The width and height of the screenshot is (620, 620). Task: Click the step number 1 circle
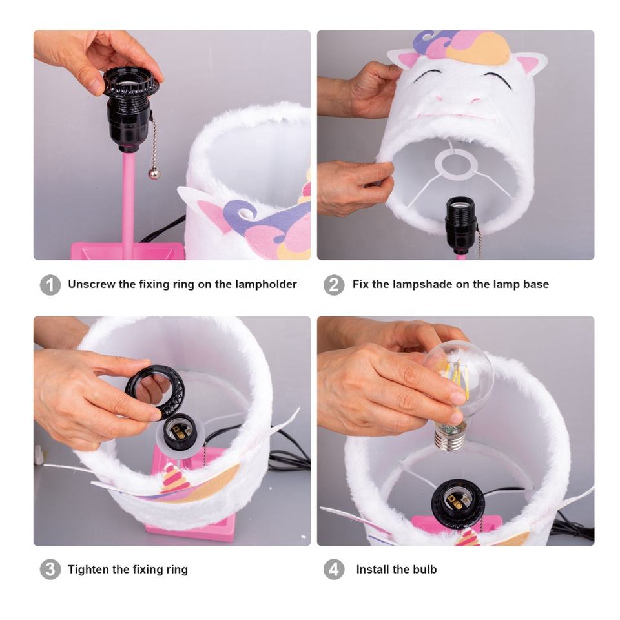pyautogui.click(x=50, y=285)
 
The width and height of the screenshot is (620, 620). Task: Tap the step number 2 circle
pyautogui.click(x=334, y=285)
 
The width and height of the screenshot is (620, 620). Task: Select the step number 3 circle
pyautogui.click(x=50, y=570)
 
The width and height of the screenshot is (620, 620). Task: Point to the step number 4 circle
pyautogui.click(x=334, y=570)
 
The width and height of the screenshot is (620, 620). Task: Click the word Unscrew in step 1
pyautogui.click(x=92, y=284)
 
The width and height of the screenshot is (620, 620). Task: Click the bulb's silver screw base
pyautogui.click(x=449, y=439)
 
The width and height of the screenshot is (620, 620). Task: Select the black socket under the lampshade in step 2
pyautogui.click(x=461, y=225)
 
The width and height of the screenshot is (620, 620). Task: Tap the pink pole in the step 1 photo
pyautogui.click(x=128, y=198)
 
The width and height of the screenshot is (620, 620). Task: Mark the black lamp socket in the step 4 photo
pyautogui.click(x=458, y=505)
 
